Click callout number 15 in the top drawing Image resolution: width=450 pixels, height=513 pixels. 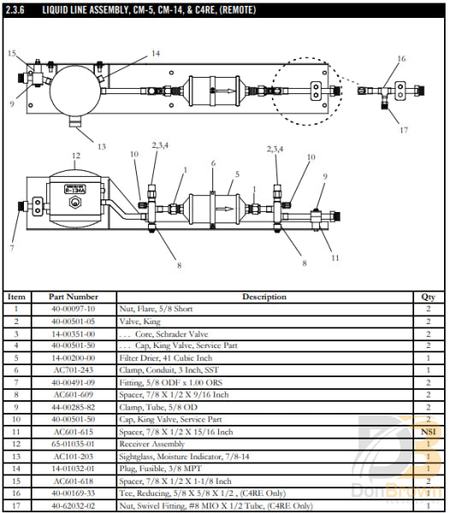pyautogui.click(x=12, y=54)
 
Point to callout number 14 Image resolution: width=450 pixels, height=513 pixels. pyautogui.click(x=155, y=54)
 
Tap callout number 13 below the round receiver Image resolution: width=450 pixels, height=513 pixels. pyautogui.click(x=101, y=146)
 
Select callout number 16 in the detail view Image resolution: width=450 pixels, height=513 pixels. pyautogui.click(x=401, y=59)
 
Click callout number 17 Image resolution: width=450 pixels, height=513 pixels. pyautogui.click(x=403, y=130)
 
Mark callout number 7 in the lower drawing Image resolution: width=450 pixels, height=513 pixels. pyautogui.click(x=11, y=248)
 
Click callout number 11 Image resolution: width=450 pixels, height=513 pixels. pyautogui.click(x=335, y=257)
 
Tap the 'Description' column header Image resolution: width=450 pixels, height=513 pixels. pyautogui.click(x=264, y=297)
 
